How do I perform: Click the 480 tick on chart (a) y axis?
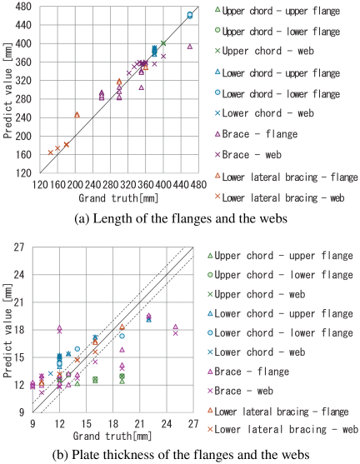click(22, 7)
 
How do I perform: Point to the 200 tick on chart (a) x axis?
click(75, 185)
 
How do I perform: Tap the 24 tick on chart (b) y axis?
click(19, 275)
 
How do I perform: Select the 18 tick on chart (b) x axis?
click(112, 424)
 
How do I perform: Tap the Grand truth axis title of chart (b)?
click(112, 436)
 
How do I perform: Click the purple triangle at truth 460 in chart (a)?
click(190, 47)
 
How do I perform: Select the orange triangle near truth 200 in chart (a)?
click(77, 115)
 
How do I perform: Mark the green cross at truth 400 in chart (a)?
click(163, 43)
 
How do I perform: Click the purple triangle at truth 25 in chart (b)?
click(175, 327)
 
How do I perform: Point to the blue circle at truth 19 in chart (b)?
click(122, 336)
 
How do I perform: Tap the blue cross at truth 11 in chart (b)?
click(51, 373)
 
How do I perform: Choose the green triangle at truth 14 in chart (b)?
click(77, 384)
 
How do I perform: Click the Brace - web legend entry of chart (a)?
click(248, 154)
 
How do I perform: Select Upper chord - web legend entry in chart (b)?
click(257, 294)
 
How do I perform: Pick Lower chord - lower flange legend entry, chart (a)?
click(277, 94)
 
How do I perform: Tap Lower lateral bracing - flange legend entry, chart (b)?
click(278, 412)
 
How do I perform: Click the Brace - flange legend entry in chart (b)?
click(248, 372)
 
